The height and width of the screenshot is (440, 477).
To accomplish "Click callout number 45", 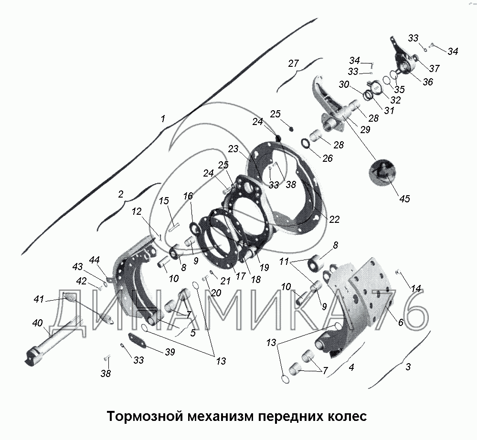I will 404,199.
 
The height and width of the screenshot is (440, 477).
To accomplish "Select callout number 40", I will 37,324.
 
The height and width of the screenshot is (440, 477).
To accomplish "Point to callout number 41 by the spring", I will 39,299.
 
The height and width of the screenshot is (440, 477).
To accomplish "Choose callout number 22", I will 334,219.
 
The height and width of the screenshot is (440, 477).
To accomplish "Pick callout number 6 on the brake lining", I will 400,322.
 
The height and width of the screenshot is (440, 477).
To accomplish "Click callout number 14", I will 416,288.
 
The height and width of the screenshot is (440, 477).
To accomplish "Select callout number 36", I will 427,82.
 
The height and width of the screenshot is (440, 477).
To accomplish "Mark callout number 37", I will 434,69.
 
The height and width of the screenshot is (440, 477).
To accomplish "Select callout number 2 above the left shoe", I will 120,194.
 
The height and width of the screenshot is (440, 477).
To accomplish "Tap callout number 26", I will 327,158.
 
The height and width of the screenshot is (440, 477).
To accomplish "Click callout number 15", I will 164,202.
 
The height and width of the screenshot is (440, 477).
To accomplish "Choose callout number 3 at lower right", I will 407,367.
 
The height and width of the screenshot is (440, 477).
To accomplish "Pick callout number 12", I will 137,211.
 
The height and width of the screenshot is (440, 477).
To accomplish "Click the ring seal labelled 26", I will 306,143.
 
